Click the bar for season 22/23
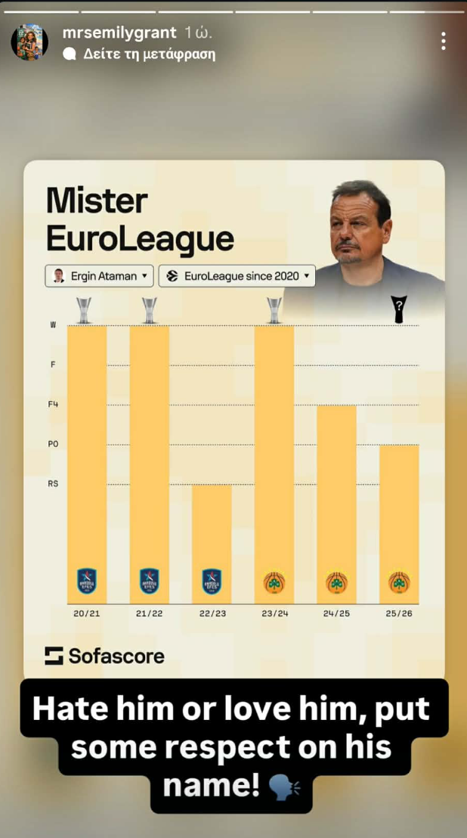[x=212, y=529]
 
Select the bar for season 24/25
[x=336, y=492]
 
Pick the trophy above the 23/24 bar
[x=274, y=309]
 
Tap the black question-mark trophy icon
[x=398, y=309]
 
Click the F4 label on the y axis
[x=53, y=405]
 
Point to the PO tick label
[x=53, y=444]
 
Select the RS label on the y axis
[x=53, y=483]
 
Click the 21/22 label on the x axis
[x=149, y=613]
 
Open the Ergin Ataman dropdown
[x=99, y=276]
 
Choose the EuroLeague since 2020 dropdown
[x=237, y=276]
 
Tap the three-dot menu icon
[x=444, y=42]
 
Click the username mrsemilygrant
[x=119, y=33]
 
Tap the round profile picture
[x=29, y=41]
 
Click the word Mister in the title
[x=97, y=200]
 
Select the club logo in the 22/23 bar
[x=212, y=581]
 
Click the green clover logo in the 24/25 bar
[x=336, y=582]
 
